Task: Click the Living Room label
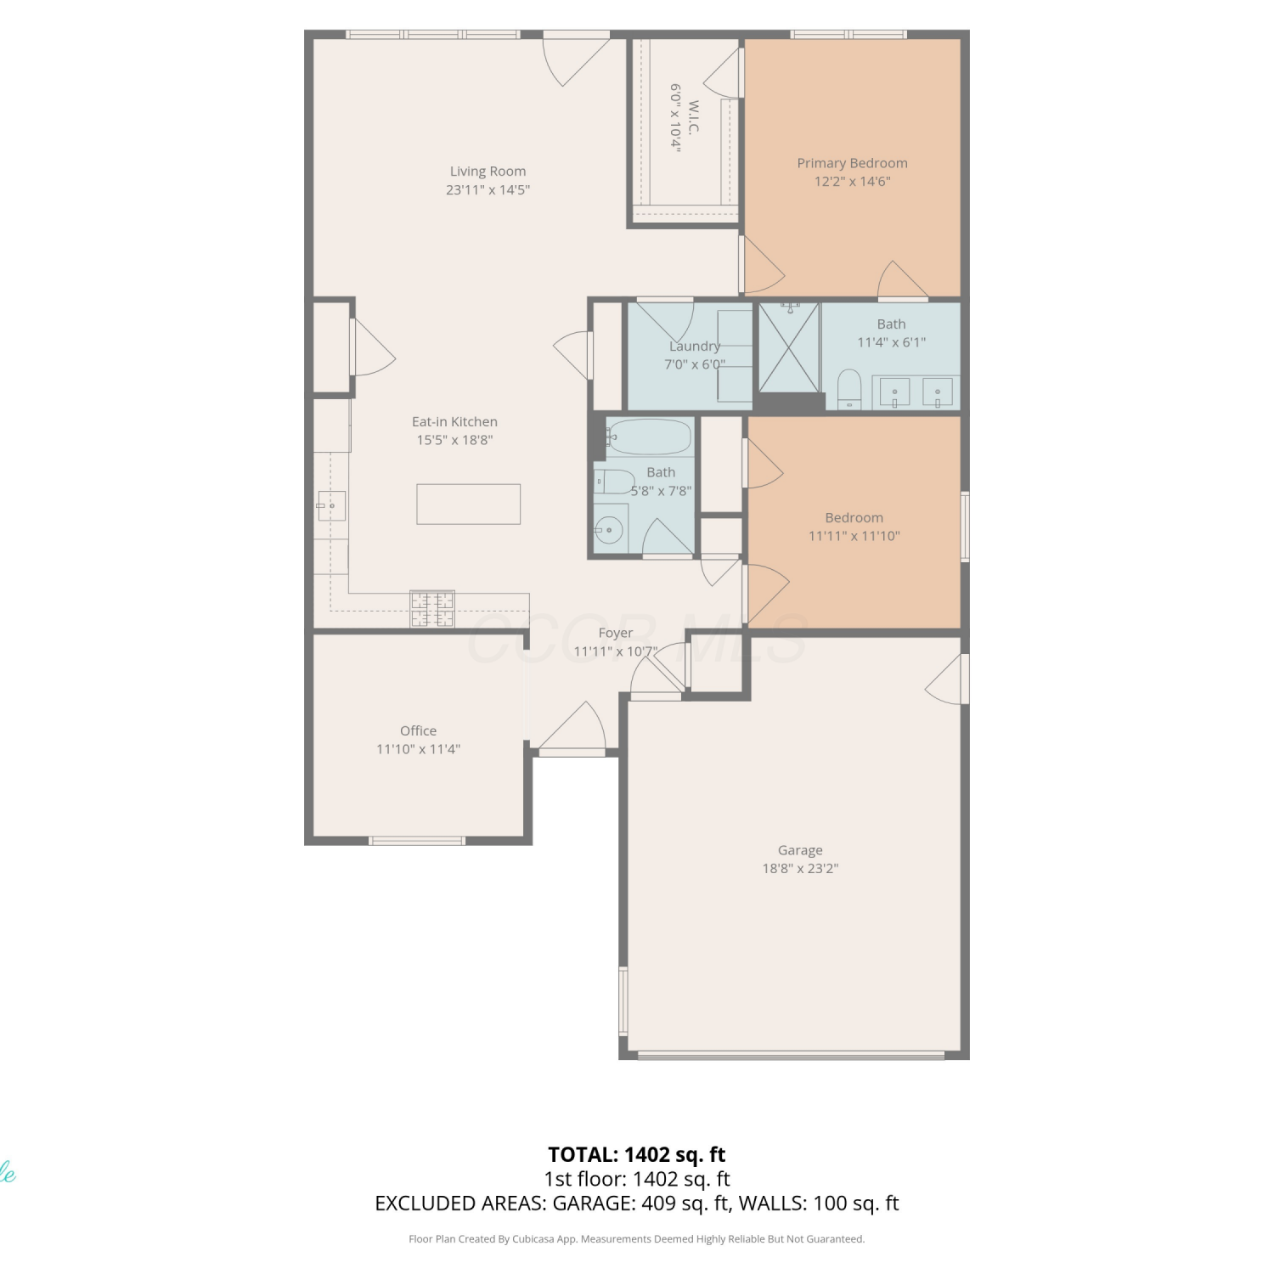tap(488, 172)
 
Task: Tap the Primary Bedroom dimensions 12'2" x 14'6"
tap(852, 181)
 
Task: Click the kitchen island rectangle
tap(468, 504)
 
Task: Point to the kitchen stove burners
tap(432, 608)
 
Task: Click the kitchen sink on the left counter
tap(331, 505)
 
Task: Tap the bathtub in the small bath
tap(650, 437)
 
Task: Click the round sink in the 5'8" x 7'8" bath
tap(609, 531)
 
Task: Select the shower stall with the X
tap(789, 347)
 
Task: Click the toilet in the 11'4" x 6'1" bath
tap(849, 390)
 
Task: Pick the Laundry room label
tap(695, 346)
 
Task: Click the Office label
tap(418, 730)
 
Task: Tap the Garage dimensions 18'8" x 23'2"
tap(800, 868)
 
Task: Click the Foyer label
tap(615, 633)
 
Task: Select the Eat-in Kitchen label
tap(454, 421)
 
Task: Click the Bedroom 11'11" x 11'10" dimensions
tap(854, 536)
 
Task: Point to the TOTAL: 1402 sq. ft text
tap(637, 1154)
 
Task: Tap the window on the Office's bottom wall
tap(416, 841)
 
